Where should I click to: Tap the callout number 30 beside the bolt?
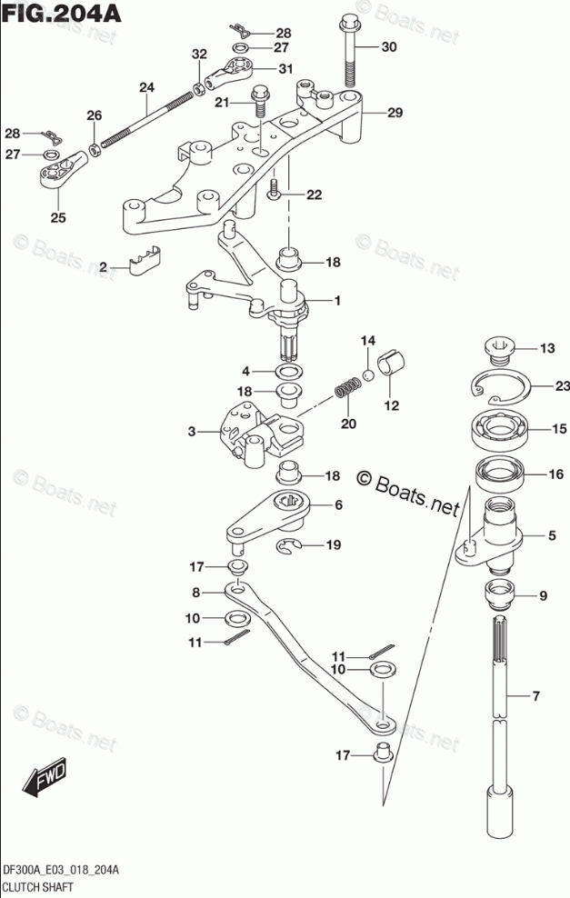pos(388,47)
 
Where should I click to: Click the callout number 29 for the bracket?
pos(394,113)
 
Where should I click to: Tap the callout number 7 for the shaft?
pos(535,697)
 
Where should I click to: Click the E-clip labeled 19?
pos(289,545)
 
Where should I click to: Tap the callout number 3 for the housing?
pos(192,433)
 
